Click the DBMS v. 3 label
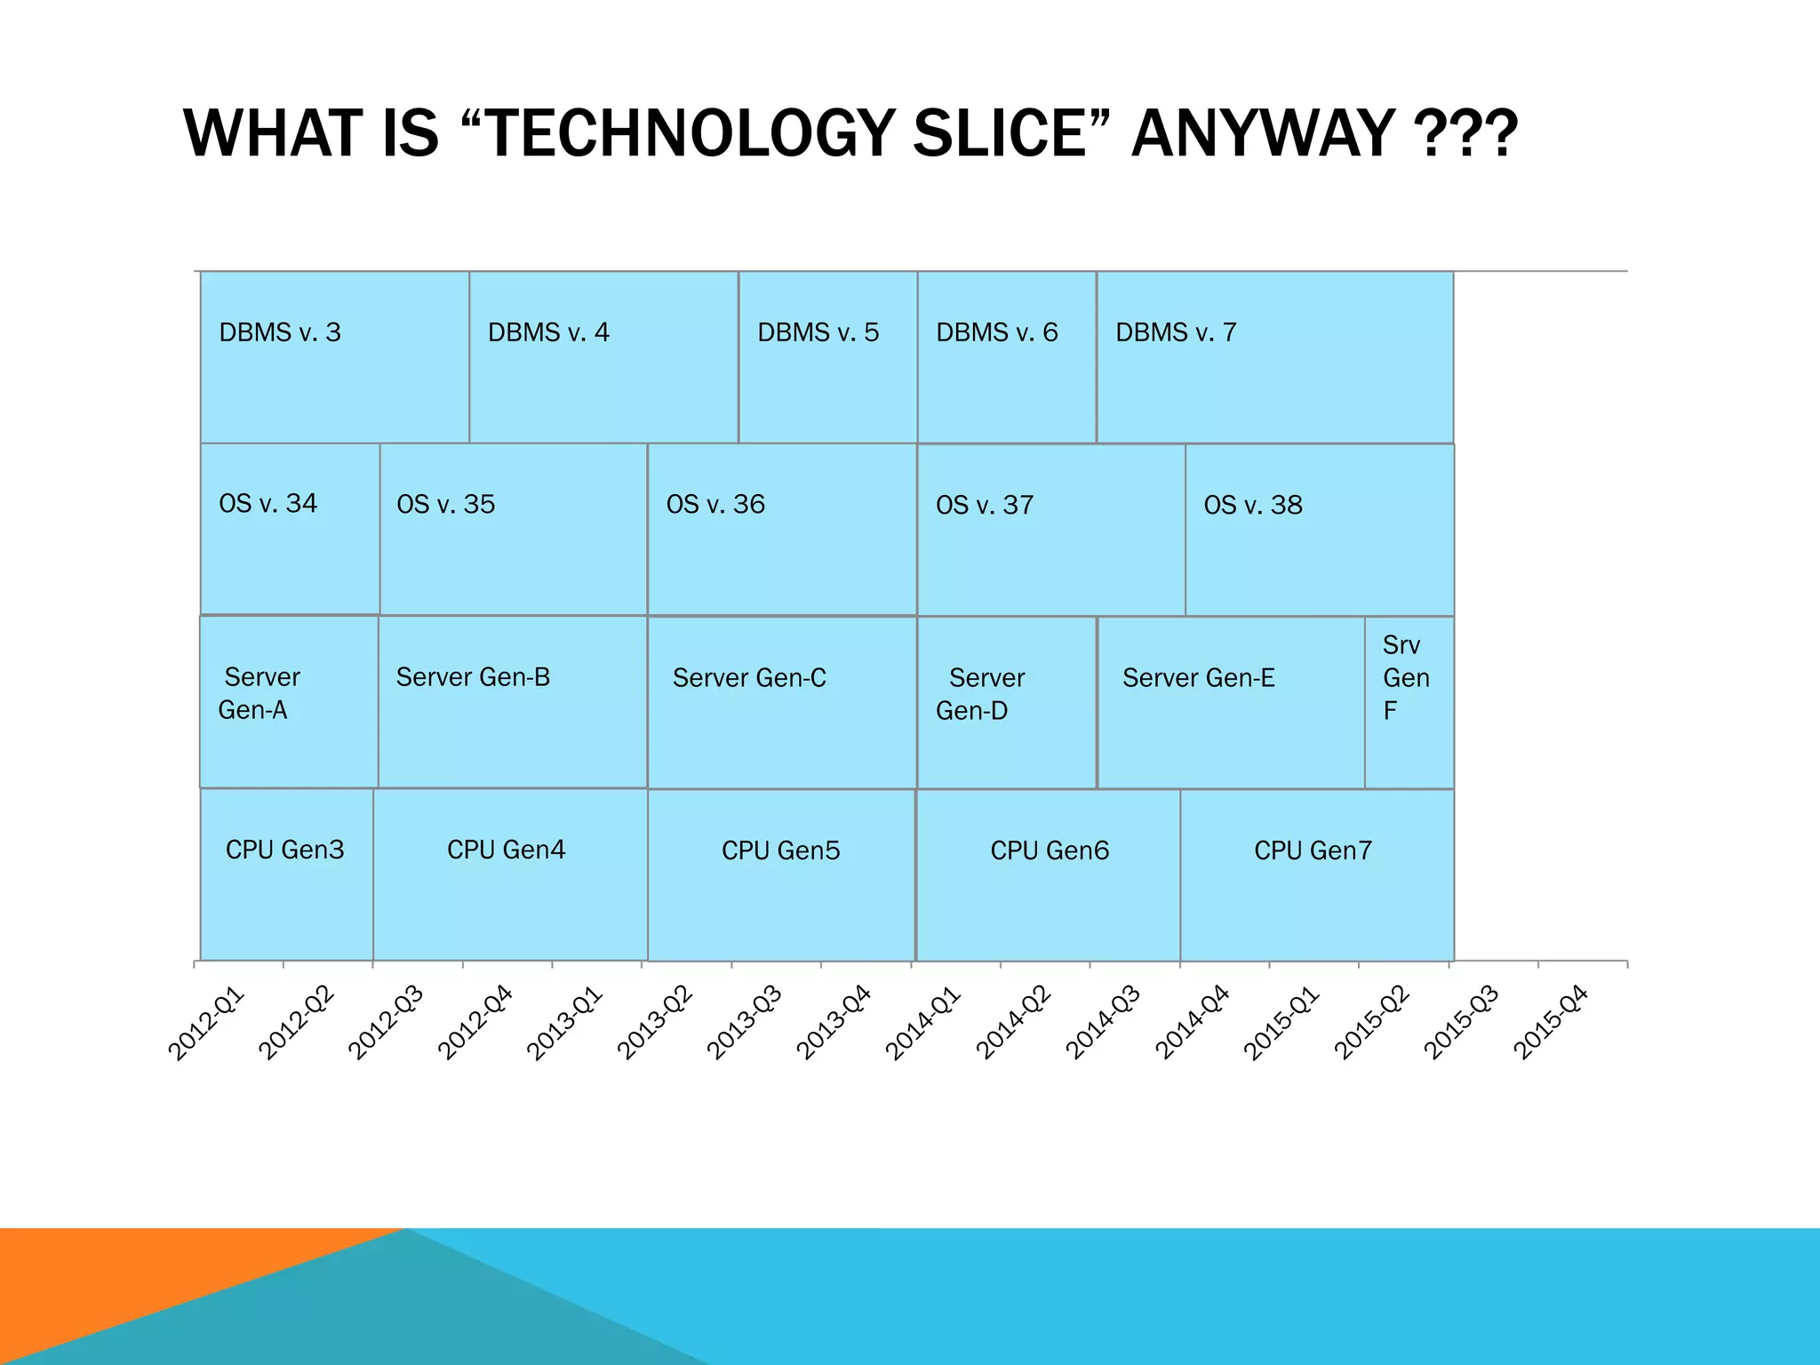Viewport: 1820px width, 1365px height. tap(280, 332)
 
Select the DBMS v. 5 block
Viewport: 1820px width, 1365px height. tap(827, 357)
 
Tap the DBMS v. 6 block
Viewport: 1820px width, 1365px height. tap(1007, 357)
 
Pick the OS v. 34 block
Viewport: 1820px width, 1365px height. tap(290, 529)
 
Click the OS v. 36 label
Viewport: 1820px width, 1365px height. tap(715, 505)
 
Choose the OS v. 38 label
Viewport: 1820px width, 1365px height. tap(1253, 506)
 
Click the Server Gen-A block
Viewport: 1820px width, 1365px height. tap(289, 702)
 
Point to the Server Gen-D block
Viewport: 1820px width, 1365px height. tap(1007, 702)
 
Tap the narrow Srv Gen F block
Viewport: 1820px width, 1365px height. tap(1409, 702)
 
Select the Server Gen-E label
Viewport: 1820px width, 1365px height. tap(1198, 678)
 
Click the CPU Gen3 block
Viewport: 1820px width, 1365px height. tap(286, 875)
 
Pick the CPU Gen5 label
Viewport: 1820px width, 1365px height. tap(780, 850)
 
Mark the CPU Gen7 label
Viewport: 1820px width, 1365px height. tap(1313, 850)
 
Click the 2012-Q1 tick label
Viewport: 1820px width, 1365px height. tap(206, 1023)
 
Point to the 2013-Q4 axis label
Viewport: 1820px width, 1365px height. tap(834, 1023)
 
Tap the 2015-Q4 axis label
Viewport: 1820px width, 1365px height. tap(1551, 1023)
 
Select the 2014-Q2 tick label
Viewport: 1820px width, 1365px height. tap(1013, 1023)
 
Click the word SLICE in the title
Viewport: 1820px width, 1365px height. tap(1000, 134)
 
